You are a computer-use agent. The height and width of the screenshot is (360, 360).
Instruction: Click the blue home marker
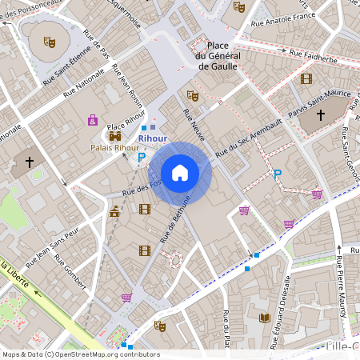(x=180, y=173)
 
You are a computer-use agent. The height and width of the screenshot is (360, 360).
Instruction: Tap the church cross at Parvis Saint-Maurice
(x=321, y=116)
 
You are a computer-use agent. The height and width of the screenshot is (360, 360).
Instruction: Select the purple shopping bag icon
(x=93, y=120)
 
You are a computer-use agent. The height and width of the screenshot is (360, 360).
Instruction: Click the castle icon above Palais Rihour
(x=114, y=136)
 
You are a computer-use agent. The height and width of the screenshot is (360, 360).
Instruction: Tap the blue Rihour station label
(x=152, y=138)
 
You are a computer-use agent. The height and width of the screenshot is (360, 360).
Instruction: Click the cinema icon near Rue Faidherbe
(x=306, y=78)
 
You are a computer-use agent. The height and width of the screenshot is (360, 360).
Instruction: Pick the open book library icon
(x=263, y=318)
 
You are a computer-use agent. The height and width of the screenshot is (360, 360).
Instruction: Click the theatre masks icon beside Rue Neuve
(x=192, y=95)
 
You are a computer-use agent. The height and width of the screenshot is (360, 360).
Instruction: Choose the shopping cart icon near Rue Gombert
(x=126, y=298)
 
